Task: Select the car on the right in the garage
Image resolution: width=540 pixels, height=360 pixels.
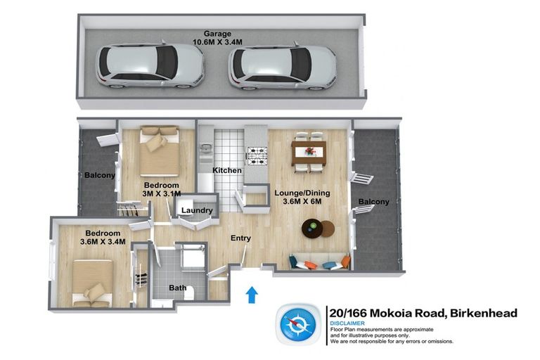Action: click(282, 67)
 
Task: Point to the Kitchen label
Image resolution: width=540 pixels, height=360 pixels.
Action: click(227, 171)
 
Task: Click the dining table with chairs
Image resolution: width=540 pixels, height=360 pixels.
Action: click(309, 150)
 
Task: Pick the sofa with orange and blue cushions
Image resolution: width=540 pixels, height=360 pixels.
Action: click(319, 262)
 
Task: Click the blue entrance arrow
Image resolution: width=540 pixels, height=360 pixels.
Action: click(251, 295)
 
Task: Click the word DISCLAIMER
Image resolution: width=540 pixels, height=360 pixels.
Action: click(349, 323)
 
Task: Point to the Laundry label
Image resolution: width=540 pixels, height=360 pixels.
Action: click(196, 211)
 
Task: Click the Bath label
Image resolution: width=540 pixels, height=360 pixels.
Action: click(177, 288)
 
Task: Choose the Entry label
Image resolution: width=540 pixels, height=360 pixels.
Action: click(240, 238)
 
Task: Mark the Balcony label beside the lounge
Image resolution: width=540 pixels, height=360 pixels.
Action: click(373, 202)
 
